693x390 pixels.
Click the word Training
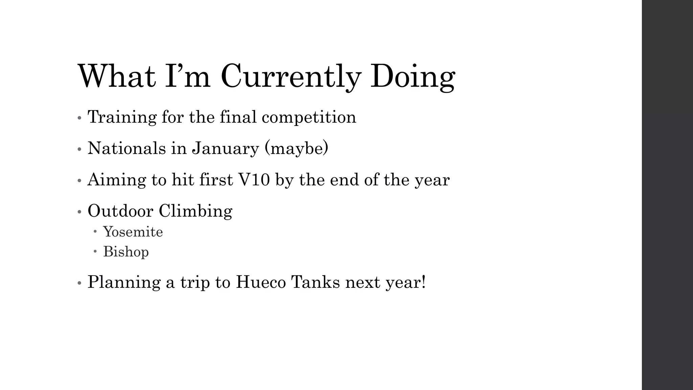pos(122,117)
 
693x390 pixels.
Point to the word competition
pos(309,117)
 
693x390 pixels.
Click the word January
pos(225,148)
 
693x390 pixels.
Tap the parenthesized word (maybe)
pos(296,148)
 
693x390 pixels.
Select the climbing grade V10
pos(254,179)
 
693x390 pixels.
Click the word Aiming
pos(117,179)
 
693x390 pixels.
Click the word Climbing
pos(195,211)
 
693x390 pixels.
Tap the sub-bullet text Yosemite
pos(133,232)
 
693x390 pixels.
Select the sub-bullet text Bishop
pos(126,252)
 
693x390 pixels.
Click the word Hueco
pos(261,282)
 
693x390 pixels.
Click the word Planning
pos(124,282)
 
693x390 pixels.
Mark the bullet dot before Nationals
pos(80,149)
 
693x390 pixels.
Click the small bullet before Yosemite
pos(95,232)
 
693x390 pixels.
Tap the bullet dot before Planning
pos(80,283)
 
